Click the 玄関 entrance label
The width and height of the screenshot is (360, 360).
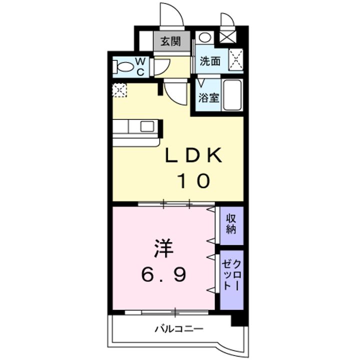click(x=170, y=41)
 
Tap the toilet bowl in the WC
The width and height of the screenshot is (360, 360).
click(x=123, y=66)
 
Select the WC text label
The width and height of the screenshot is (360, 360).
click(x=140, y=66)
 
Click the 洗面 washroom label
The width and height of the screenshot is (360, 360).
click(x=210, y=61)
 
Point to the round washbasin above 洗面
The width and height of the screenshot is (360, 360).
click(x=204, y=37)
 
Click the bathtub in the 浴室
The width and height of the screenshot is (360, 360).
click(x=232, y=95)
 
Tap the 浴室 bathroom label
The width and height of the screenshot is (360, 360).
click(x=208, y=98)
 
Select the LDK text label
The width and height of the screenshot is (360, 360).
click(x=194, y=155)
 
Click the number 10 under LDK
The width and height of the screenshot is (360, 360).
click(x=194, y=180)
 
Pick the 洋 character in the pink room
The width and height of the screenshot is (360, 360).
click(x=163, y=249)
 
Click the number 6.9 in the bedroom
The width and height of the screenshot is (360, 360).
click(x=163, y=274)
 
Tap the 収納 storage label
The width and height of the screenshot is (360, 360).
click(x=231, y=224)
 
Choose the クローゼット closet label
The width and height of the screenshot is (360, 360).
click(x=231, y=275)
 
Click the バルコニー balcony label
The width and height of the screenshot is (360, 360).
click(x=179, y=329)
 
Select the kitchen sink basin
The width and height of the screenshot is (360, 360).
click(x=147, y=126)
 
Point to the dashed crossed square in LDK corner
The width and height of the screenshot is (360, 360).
click(x=119, y=90)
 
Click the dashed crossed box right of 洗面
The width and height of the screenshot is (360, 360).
click(x=236, y=59)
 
